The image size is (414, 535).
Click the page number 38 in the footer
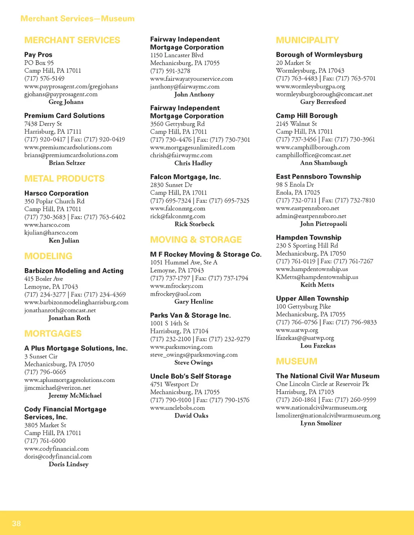click(16, 523)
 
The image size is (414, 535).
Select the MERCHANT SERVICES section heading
click(72, 40)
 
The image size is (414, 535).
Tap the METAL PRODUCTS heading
click(64, 178)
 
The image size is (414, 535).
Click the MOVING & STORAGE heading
click(196, 239)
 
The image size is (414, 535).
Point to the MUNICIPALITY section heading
click(307, 40)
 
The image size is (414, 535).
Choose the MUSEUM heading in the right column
click(296, 361)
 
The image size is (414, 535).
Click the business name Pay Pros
click(38, 55)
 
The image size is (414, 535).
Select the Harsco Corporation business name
click(56, 193)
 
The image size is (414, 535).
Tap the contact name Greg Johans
click(66, 102)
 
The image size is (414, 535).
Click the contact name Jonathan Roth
click(69, 318)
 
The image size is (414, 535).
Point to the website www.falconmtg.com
click(177, 208)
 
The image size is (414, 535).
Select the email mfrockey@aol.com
click(175, 294)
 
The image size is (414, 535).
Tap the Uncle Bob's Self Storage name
click(190, 376)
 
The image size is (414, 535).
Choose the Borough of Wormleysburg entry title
click(319, 55)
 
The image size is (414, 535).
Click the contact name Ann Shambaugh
click(323, 163)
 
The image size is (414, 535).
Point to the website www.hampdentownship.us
click(312, 269)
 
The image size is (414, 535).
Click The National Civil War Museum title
click(327, 376)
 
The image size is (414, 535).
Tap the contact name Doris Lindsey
click(68, 464)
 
